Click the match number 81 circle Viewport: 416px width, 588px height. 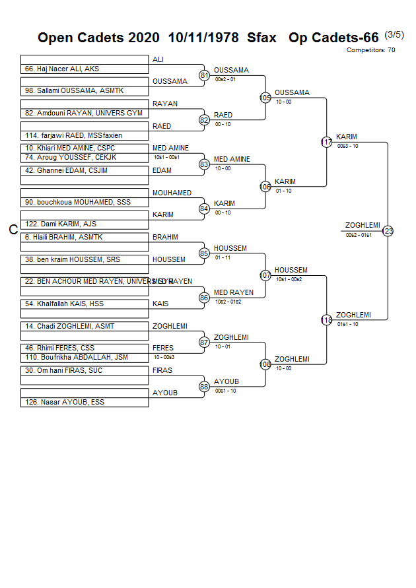[205, 75]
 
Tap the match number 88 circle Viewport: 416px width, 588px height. [205, 386]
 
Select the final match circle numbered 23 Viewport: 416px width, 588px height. [388, 231]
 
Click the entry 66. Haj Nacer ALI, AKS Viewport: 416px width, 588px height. [61, 69]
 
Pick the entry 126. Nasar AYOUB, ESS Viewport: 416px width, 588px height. [64, 402]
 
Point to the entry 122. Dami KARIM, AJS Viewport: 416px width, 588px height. [60, 224]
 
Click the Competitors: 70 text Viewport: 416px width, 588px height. [370, 50]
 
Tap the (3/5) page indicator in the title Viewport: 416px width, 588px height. [394, 35]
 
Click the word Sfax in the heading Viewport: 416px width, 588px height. [261, 38]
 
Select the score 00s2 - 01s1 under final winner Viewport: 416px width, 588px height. [359, 235]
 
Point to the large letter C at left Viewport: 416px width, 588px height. [13, 230]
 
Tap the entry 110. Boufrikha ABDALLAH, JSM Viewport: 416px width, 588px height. [77, 357]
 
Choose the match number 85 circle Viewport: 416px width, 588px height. [205, 253]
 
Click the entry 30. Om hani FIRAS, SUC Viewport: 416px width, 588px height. [64, 370]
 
